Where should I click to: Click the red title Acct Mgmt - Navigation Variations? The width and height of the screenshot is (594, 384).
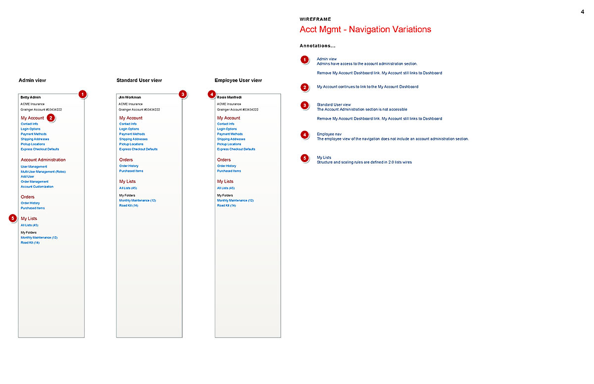click(x=365, y=30)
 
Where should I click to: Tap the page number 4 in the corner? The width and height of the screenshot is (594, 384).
click(x=583, y=12)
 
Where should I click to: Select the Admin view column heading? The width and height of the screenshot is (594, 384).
click(x=32, y=80)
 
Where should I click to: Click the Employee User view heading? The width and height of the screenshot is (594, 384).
click(x=238, y=80)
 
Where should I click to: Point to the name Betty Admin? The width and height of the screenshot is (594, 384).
click(x=31, y=97)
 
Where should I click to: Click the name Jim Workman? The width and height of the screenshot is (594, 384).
click(x=130, y=97)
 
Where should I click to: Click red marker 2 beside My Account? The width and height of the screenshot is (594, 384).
click(x=50, y=118)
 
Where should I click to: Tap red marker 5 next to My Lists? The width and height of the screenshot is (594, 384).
click(x=13, y=218)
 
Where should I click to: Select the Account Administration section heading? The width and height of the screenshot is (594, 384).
click(x=43, y=160)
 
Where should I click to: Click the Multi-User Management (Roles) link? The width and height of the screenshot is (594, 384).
click(x=43, y=171)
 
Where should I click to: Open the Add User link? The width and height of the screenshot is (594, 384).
click(x=27, y=176)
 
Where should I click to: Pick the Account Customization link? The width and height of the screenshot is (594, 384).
click(x=37, y=187)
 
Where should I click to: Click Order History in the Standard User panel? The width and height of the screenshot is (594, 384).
click(x=129, y=166)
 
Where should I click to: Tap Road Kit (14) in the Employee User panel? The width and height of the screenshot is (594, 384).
click(x=226, y=206)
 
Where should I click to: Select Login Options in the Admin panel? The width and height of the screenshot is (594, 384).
click(x=31, y=129)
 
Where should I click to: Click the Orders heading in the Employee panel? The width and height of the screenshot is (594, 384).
click(x=224, y=160)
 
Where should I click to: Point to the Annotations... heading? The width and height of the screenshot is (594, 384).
click(x=317, y=46)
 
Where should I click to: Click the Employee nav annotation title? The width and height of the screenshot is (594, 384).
click(x=329, y=134)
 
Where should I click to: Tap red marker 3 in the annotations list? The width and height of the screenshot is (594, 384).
click(x=305, y=105)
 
